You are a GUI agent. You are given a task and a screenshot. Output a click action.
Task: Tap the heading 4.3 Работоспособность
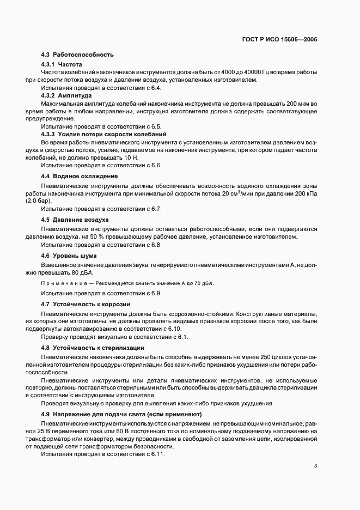tap(77, 55)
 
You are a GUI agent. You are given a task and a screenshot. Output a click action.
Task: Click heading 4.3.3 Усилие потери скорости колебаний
tap(103, 134)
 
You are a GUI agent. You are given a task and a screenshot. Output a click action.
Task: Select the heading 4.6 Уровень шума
tap(69, 255)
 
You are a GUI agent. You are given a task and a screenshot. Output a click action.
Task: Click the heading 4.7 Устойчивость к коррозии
tap(86, 304)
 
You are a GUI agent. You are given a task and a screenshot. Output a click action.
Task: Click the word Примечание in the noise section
tap(60, 283)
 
